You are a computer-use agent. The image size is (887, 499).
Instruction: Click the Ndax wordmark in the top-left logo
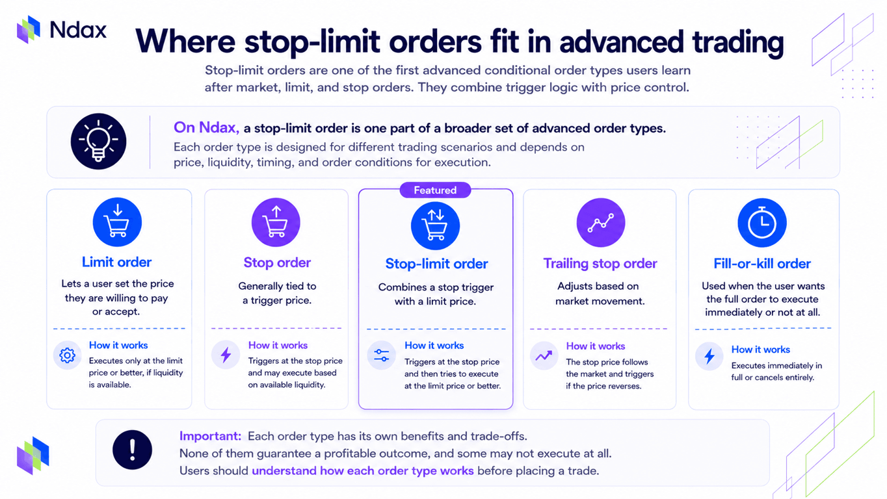tap(79, 30)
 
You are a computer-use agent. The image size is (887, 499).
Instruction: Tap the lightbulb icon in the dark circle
tap(98, 141)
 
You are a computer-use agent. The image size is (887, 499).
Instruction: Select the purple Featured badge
tap(435, 190)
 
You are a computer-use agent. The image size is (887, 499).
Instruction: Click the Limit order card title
tap(117, 262)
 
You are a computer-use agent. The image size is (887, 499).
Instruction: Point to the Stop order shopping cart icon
tap(276, 222)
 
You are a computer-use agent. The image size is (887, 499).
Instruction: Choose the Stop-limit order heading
tap(436, 264)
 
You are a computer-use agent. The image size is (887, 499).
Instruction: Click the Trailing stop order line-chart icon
tap(601, 222)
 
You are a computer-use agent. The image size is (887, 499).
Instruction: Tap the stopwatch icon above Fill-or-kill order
tap(762, 222)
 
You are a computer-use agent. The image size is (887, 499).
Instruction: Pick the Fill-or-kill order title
tap(762, 264)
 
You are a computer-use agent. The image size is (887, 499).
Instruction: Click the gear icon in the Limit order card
tap(68, 355)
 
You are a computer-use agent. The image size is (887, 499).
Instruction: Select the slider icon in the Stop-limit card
tap(381, 355)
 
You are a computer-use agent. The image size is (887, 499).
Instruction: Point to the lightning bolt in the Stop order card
tap(226, 355)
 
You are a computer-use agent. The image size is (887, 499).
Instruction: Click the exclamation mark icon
tap(132, 450)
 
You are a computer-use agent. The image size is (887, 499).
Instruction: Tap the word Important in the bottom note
tap(210, 436)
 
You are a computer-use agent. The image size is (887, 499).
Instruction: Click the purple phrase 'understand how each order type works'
tap(363, 470)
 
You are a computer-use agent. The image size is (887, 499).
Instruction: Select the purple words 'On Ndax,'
tap(206, 127)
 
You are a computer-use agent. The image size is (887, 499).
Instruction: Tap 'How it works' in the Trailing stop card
tap(596, 346)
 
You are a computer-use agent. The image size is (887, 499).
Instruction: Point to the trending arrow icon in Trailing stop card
tap(544, 356)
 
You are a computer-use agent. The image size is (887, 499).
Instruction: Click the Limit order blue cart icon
tap(117, 222)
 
